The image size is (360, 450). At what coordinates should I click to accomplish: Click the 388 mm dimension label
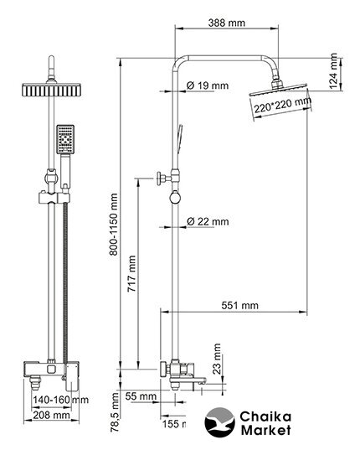(226, 23)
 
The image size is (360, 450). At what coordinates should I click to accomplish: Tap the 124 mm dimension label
(334, 71)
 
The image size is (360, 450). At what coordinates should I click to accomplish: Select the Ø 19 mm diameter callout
(208, 85)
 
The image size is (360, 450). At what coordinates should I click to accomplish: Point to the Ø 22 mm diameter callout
(208, 221)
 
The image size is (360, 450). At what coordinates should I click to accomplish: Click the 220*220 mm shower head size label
(283, 105)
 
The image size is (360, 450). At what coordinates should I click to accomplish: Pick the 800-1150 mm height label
(114, 224)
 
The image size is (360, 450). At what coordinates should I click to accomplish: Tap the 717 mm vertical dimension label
(131, 274)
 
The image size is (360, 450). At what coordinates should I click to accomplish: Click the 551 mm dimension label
(239, 305)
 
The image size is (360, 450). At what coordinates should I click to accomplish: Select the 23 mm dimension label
(217, 359)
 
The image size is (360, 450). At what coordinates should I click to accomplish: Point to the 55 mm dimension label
(141, 396)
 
